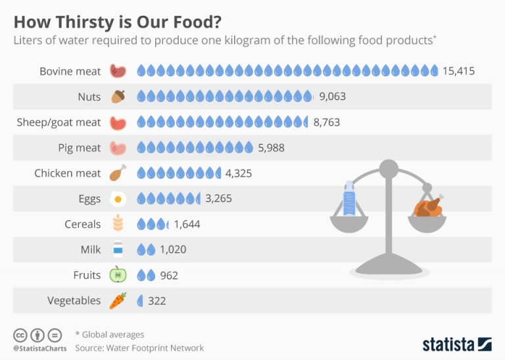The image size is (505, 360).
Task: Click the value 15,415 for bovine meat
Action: coord(458,71)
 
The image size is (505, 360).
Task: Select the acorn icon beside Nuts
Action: coord(118,97)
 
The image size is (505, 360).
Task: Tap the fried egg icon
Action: coord(118,199)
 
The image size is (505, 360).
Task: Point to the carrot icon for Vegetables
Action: coord(118,301)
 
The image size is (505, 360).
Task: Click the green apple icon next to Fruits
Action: coord(118,275)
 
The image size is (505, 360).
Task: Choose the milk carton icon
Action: coord(118,249)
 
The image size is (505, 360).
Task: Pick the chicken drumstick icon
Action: coord(118,173)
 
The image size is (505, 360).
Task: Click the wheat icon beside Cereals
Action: coord(118,224)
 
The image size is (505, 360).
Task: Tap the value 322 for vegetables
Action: coord(157,301)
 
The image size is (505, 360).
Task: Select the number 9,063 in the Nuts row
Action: coord(332,97)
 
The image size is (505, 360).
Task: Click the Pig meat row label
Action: coord(80,147)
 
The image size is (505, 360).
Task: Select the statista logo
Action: coord(456,344)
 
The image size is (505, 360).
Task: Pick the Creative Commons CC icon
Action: coord(20,334)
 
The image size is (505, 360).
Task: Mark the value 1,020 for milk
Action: coord(174,249)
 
